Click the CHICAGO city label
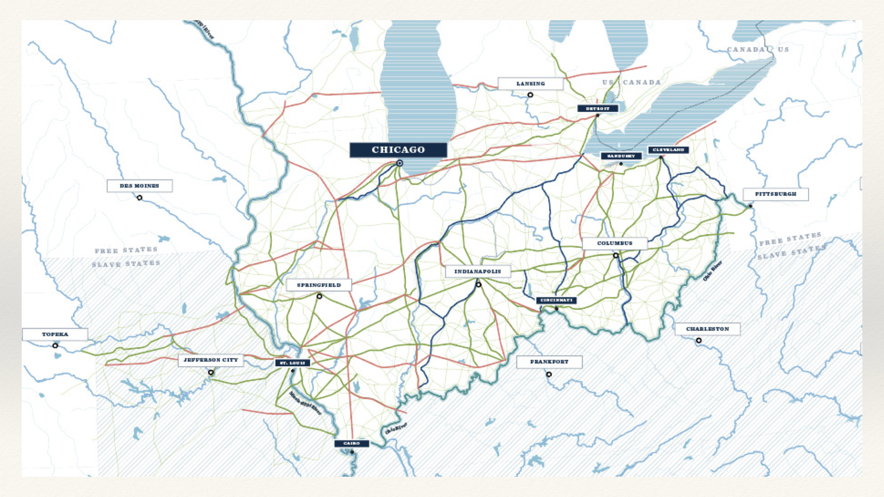click(398, 150)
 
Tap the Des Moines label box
click(140, 186)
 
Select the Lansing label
click(530, 84)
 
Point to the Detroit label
click(598, 109)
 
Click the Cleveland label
click(668, 150)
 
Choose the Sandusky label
click(621, 156)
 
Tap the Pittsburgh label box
click(775, 194)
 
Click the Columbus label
click(615, 243)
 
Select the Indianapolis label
click(477, 272)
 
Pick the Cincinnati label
click(556, 300)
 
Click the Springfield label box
click(319, 285)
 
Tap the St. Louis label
click(292, 363)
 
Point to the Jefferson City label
click(210, 360)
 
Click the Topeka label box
click(55, 335)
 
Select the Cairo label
click(351, 444)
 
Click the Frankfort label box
click(549, 362)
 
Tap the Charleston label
click(707, 329)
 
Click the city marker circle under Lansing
click(530, 95)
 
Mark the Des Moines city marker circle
click(140, 198)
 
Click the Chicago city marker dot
click(400, 163)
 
